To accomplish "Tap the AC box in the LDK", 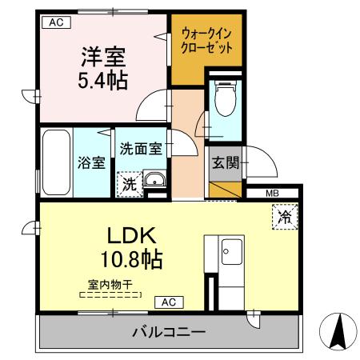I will (x=168, y=302).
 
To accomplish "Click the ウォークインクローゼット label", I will (x=207, y=41).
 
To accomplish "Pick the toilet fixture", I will (x=223, y=99).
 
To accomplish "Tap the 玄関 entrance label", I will (x=226, y=162).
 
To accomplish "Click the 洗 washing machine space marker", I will (x=129, y=183).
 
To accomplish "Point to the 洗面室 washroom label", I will (x=141, y=148).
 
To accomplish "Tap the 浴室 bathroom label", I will (x=91, y=163).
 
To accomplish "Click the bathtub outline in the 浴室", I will (x=56, y=162).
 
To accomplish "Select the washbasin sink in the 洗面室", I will (x=155, y=181).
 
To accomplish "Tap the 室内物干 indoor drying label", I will (x=110, y=284).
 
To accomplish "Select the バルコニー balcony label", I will (x=168, y=331).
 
